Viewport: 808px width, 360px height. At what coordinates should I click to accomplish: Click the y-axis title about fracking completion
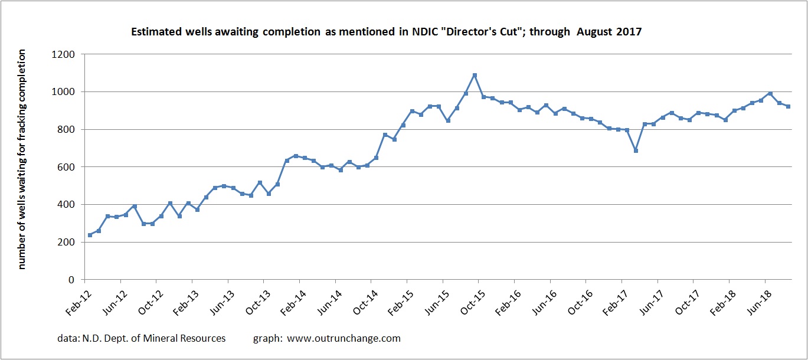coord(22,159)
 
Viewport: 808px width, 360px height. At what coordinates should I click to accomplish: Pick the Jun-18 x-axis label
coord(763,299)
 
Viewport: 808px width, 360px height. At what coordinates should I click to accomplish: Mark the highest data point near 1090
coord(475,75)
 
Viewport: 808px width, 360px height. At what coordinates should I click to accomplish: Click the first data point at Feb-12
coord(90,235)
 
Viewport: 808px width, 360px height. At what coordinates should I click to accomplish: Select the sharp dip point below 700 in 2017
coord(636,150)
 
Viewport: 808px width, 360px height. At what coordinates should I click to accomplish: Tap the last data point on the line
coord(788,106)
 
